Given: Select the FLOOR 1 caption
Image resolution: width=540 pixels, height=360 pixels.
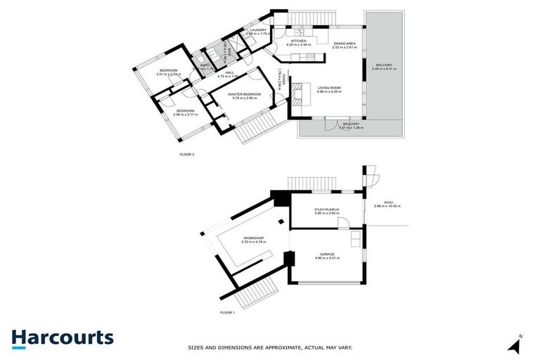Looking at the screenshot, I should coord(226,311).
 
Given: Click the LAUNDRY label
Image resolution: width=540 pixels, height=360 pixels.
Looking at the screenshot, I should coord(258,30).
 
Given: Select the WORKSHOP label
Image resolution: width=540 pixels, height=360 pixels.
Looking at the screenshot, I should coord(253,238).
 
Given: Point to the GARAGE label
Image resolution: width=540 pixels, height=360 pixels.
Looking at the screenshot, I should coord(328,254).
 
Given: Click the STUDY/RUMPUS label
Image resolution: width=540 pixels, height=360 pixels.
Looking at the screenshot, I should coord(327,208).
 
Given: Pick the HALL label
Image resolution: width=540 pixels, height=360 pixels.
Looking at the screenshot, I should coord(229,72).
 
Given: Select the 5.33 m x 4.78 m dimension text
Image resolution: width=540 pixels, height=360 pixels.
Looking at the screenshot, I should coord(253,243).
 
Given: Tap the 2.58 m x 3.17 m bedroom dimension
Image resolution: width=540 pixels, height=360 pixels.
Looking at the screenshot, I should coord(186,115).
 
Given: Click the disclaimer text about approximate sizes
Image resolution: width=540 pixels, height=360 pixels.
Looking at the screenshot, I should coord(270,347).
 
